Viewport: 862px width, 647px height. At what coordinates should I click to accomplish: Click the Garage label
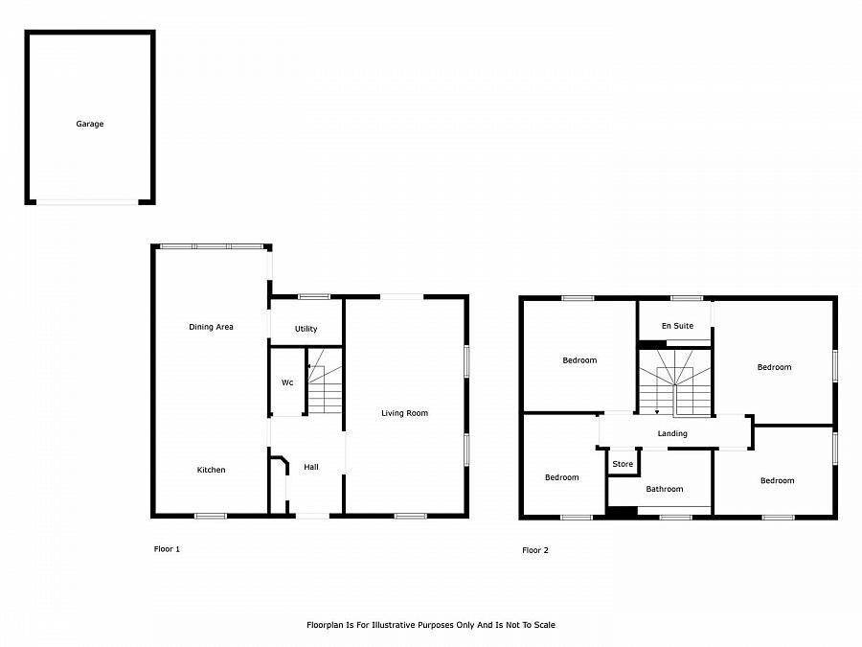pyautogui.click(x=90, y=124)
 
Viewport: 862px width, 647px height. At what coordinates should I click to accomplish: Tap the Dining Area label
pyautogui.click(x=211, y=327)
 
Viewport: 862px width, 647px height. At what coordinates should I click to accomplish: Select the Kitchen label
pyautogui.click(x=211, y=470)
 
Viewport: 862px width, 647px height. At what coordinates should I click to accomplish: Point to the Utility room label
pyautogui.click(x=306, y=329)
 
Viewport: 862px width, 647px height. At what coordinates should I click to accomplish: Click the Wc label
pyautogui.click(x=287, y=382)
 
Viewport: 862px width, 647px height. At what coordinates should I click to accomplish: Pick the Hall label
pyautogui.click(x=311, y=467)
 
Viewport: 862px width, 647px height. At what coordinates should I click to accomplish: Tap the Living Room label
pyautogui.click(x=404, y=413)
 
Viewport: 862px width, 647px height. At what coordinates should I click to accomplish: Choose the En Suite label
pyautogui.click(x=677, y=326)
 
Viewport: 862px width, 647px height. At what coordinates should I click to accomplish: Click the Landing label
pyautogui.click(x=672, y=433)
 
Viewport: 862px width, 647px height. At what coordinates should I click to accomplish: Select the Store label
pyautogui.click(x=623, y=464)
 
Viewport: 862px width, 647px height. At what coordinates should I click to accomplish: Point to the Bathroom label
pyautogui.click(x=665, y=489)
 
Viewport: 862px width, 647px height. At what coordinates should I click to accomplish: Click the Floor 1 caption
pyautogui.click(x=167, y=549)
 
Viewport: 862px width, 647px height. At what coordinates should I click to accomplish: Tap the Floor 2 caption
pyautogui.click(x=535, y=550)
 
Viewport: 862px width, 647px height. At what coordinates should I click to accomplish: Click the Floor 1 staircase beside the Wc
pyautogui.click(x=325, y=381)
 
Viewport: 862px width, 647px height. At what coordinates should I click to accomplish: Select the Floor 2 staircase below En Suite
pyautogui.click(x=674, y=382)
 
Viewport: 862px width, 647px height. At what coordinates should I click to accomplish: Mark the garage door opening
pyautogui.click(x=87, y=202)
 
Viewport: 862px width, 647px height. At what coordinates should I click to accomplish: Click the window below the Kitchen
pyautogui.click(x=211, y=516)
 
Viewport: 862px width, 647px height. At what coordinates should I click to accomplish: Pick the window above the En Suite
pyautogui.click(x=687, y=298)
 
